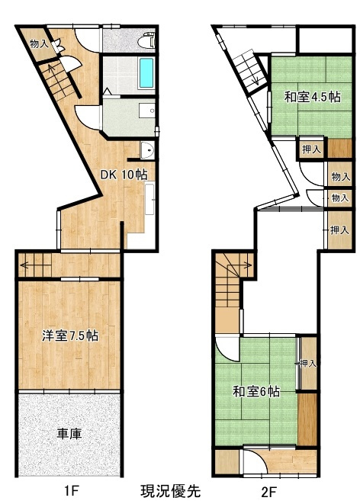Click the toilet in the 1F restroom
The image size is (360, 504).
[146, 40]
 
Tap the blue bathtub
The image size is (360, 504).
[146, 73]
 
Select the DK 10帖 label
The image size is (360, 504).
[124, 175]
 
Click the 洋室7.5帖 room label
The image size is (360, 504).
[70, 336]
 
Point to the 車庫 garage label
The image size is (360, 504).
[69, 434]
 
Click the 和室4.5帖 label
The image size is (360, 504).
[313, 96]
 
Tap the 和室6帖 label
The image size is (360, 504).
[256, 391]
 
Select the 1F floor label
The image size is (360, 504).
[72, 491]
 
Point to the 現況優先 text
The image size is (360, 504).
[171, 491]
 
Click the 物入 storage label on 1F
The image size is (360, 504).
[39, 43]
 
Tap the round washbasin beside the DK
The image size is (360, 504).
[147, 150]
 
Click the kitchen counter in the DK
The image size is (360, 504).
[149, 198]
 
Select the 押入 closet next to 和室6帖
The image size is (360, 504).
[308, 364]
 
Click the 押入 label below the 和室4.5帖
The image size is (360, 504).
[311, 149]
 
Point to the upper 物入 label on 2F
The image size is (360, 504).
[341, 176]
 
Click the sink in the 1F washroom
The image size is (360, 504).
[147, 111]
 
